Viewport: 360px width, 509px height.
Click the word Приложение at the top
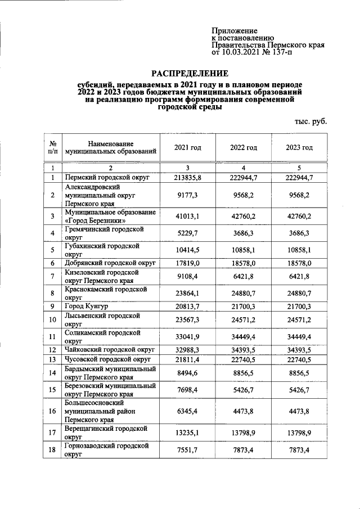coord(235,30)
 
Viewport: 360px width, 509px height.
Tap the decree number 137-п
coord(279,52)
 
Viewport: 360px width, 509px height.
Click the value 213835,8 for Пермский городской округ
coord(187,178)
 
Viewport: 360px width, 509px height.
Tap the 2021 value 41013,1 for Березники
coord(187,217)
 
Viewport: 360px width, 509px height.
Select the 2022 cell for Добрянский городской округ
coord(243,263)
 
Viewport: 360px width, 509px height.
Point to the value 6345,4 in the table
coord(187,411)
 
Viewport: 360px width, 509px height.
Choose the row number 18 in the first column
coord(52,451)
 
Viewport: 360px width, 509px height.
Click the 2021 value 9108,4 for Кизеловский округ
coord(187,276)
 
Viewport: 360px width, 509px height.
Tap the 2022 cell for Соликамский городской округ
coord(243,336)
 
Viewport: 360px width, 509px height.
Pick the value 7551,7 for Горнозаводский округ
coord(187,451)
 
